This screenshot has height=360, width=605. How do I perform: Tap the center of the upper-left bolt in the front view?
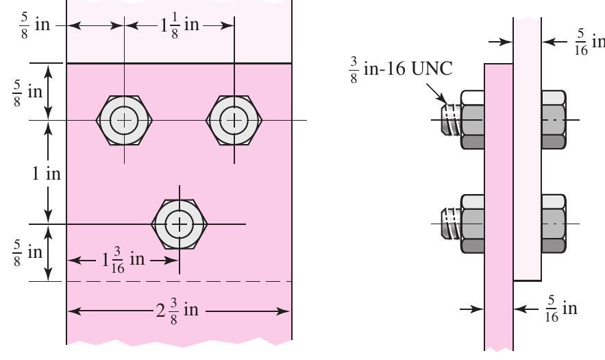tap(124, 121)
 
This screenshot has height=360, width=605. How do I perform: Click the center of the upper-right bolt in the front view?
tap(235, 121)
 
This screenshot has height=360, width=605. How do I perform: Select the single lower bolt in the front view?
tap(179, 224)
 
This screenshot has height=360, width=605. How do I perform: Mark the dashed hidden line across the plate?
tap(178, 281)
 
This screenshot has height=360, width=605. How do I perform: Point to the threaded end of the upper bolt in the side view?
tap(450, 120)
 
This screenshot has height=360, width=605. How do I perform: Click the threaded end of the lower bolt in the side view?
tap(450, 224)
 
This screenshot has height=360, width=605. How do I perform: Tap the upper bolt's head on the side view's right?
tap(554, 120)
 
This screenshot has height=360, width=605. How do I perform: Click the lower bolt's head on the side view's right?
tap(554, 224)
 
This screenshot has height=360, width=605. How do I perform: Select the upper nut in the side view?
tap(472, 120)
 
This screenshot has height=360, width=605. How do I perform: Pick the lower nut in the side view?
tap(472, 224)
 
